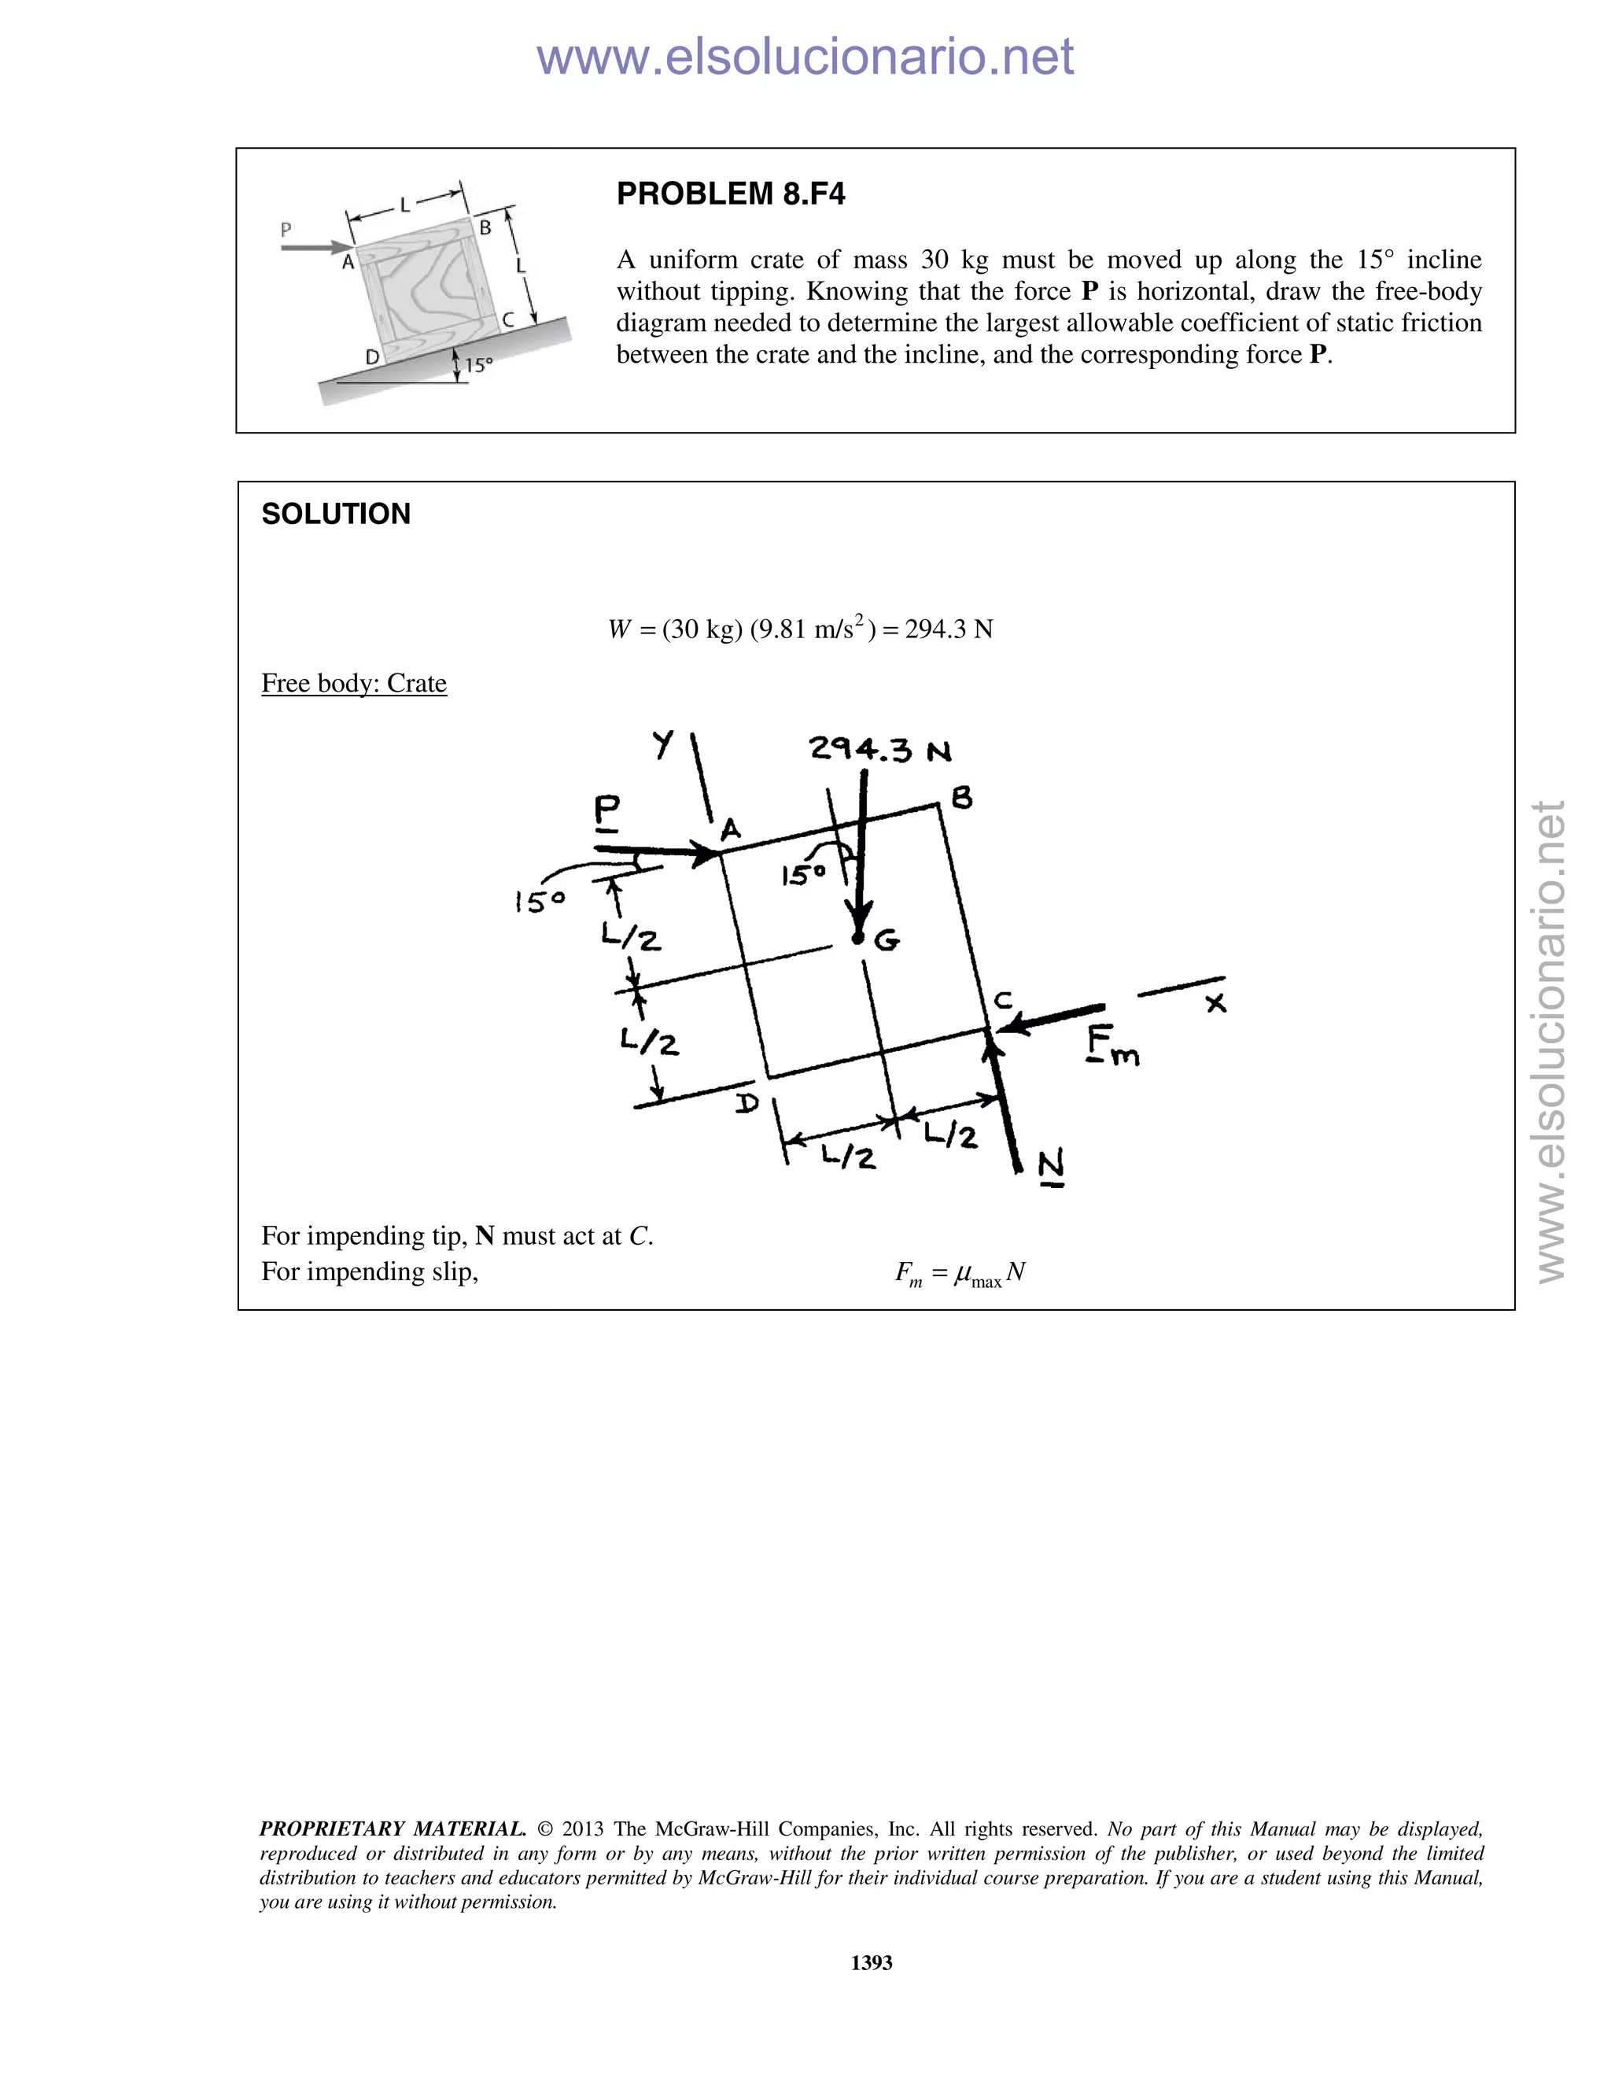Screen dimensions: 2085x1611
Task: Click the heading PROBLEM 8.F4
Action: point(730,194)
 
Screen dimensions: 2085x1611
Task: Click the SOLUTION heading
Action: point(335,514)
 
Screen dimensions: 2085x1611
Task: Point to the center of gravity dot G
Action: point(857,939)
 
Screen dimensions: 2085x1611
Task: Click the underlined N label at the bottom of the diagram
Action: point(1050,1166)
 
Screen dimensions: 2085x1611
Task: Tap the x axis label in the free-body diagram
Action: point(1215,1003)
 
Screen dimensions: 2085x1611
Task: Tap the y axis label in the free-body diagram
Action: point(663,744)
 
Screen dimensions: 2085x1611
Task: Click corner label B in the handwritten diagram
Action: point(962,798)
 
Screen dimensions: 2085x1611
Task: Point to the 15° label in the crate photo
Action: point(478,365)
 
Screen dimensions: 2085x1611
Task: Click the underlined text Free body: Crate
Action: point(353,684)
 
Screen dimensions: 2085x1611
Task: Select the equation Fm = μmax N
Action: point(959,1274)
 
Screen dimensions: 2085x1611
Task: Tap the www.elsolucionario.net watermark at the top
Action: point(805,57)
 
